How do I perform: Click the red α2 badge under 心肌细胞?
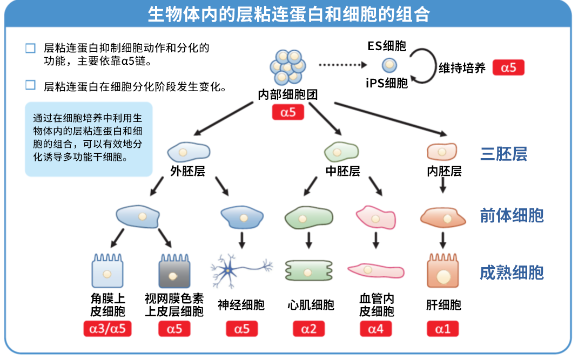(x=309, y=329)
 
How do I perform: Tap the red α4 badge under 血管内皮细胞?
(x=375, y=329)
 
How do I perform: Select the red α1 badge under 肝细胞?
(x=442, y=329)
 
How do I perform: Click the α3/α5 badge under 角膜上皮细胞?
(x=107, y=329)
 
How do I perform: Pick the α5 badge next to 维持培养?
(x=508, y=67)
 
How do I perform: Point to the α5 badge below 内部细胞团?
(x=287, y=112)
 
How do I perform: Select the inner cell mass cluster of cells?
(x=287, y=66)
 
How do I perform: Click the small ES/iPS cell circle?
(x=389, y=66)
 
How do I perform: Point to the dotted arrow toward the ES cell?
(x=340, y=65)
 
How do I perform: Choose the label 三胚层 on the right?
(x=503, y=154)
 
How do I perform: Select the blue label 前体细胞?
(x=512, y=216)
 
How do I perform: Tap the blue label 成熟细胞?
(x=512, y=273)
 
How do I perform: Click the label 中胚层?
(x=342, y=172)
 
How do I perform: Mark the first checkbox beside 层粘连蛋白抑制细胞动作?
(x=30, y=49)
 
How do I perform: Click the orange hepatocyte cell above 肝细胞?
(x=442, y=271)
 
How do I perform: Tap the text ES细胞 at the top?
(x=387, y=46)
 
